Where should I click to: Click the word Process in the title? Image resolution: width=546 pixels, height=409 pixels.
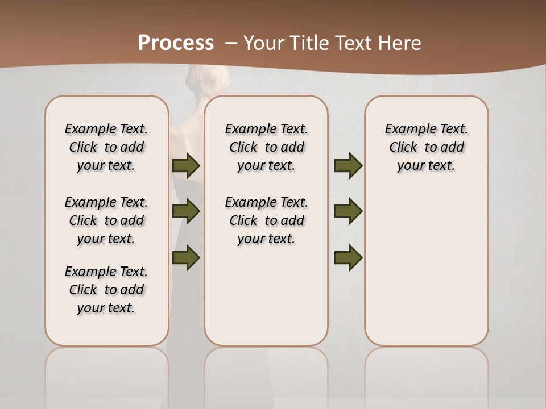[176, 43]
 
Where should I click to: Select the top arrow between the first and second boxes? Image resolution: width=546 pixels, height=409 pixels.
[186, 166]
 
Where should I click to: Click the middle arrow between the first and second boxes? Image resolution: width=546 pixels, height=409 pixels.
[186, 212]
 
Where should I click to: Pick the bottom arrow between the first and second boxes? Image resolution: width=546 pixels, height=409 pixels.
[186, 258]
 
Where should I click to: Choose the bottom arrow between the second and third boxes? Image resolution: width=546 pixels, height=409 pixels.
[348, 258]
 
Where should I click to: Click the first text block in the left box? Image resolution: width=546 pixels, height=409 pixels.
[106, 147]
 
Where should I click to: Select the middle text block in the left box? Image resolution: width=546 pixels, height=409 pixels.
[106, 220]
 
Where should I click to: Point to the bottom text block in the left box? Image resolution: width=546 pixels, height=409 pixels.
[106, 290]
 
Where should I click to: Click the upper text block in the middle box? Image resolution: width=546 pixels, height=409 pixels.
[266, 147]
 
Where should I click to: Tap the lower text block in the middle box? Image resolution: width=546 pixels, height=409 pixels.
[266, 220]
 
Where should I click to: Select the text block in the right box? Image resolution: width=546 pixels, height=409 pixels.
[426, 147]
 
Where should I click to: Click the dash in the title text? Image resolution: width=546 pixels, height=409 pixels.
[231, 43]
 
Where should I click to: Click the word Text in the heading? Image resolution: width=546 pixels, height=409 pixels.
[354, 43]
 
